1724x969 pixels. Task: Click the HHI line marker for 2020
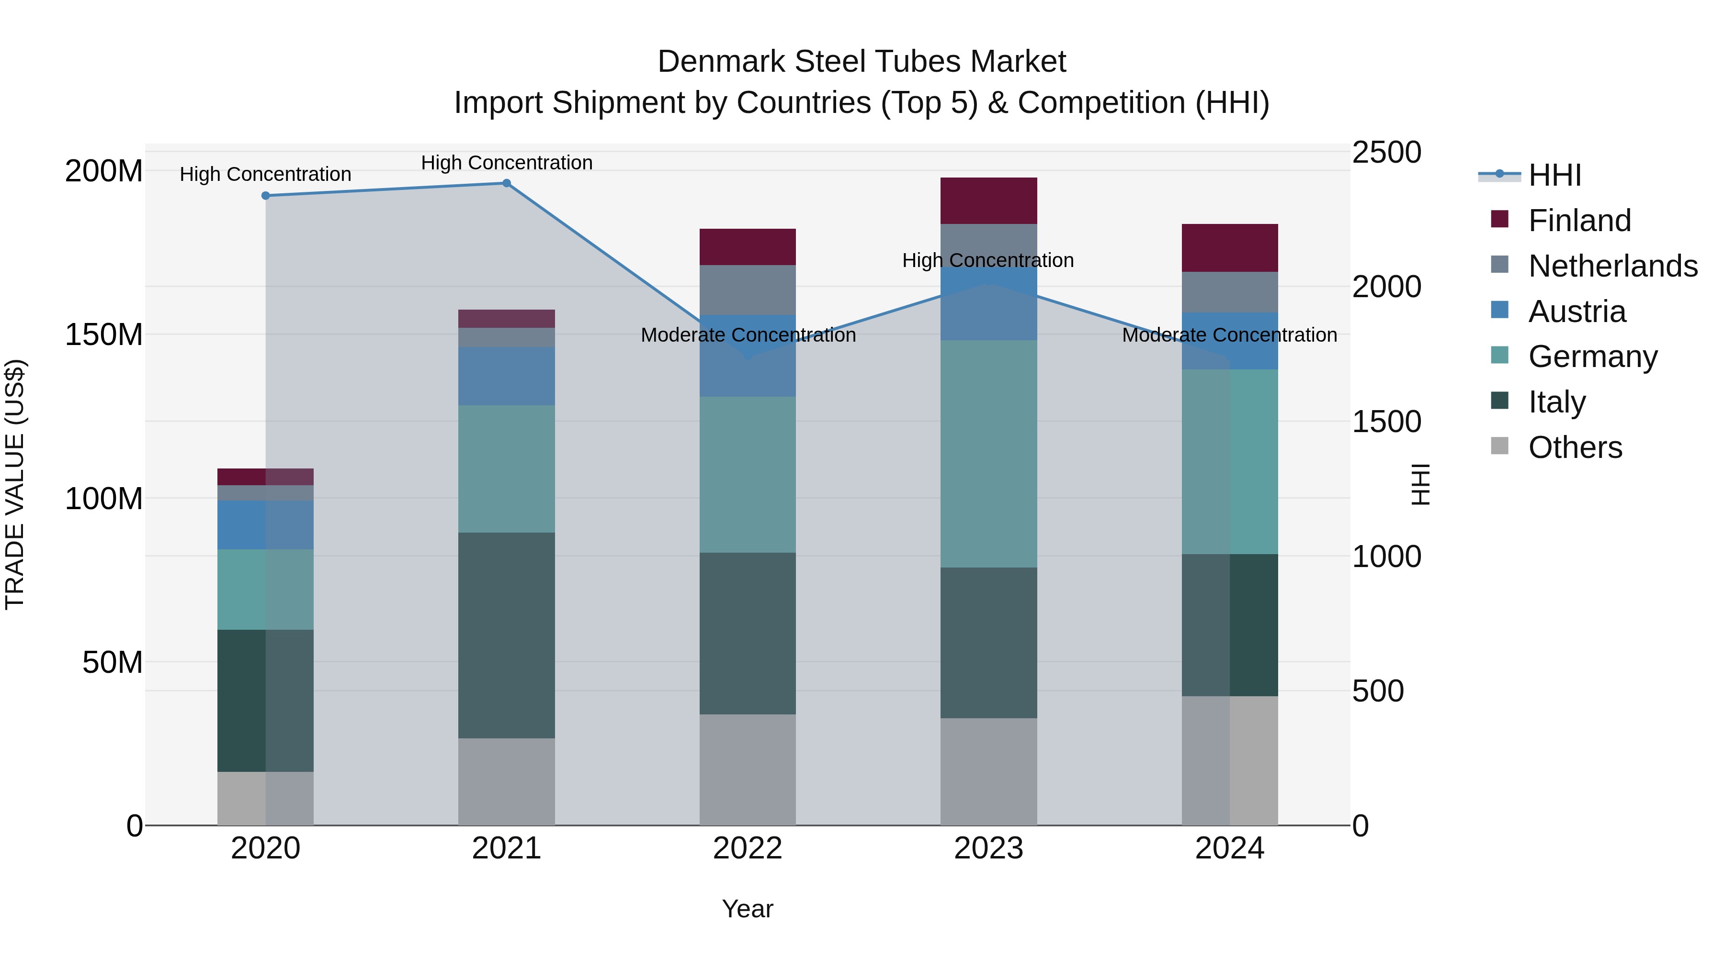pos(266,196)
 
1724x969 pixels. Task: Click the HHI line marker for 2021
pos(507,183)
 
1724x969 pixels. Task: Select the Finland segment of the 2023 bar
pos(988,200)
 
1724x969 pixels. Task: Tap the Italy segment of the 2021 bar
pos(507,635)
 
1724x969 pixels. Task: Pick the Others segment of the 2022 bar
pos(748,769)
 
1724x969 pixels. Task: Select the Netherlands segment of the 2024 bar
pos(1229,292)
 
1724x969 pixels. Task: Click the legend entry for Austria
pos(1576,312)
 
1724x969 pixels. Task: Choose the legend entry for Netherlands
pos(1611,266)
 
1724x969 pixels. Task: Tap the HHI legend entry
pos(1554,175)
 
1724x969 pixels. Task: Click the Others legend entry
pos(1575,447)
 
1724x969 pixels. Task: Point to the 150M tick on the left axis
pos(104,334)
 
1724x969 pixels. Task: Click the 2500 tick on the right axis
pos(1386,153)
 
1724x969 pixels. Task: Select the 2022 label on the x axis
pos(748,848)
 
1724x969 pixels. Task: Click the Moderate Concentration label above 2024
pos(1229,335)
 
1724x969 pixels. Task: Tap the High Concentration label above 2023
pos(988,260)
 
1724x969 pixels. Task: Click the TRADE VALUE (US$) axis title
pos(15,484)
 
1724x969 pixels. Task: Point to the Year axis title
pos(748,909)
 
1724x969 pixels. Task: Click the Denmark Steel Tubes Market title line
pos(862,62)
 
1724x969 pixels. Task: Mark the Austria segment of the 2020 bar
pos(266,525)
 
